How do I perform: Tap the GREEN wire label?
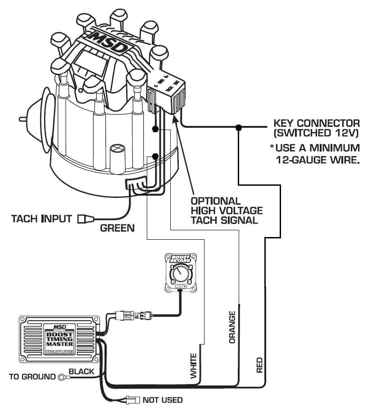click(x=117, y=228)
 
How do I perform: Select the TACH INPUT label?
click(x=41, y=219)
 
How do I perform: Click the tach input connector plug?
click(x=84, y=219)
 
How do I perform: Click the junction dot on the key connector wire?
click(x=239, y=128)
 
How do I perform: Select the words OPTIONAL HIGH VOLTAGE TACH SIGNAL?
click(x=226, y=210)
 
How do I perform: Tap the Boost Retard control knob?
click(x=180, y=273)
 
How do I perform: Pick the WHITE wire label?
click(x=194, y=366)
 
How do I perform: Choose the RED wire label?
click(x=259, y=366)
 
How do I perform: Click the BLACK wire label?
click(x=82, y=372)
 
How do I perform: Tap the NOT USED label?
click(x=163, y=400)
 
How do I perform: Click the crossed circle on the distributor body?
click(x=117, y=148)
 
